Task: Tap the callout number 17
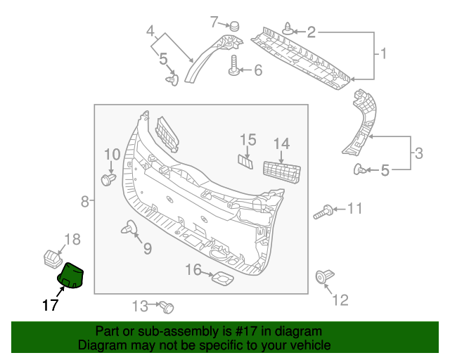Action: click(49, 305)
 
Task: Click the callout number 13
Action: click(140, 306)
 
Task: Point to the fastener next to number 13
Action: click(167, 307)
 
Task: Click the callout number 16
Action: click(193, 270)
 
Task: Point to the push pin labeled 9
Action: click(131, 228)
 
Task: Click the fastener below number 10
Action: click(108, 180)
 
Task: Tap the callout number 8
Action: click(85, 202)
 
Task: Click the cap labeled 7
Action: click(234, 27)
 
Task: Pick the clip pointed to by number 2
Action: click(290, 30)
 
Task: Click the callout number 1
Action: click(385, 53)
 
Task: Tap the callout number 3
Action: click(418, 153)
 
